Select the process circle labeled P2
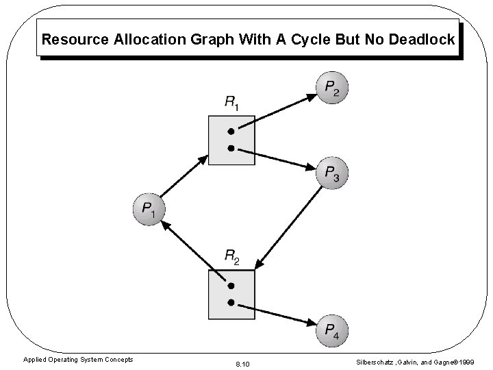[332, 87]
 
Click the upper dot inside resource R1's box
[231, 131]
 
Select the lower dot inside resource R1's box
[231, 147]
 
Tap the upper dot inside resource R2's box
[231, 285]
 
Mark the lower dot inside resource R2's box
[231, 302]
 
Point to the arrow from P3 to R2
[291, 227]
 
